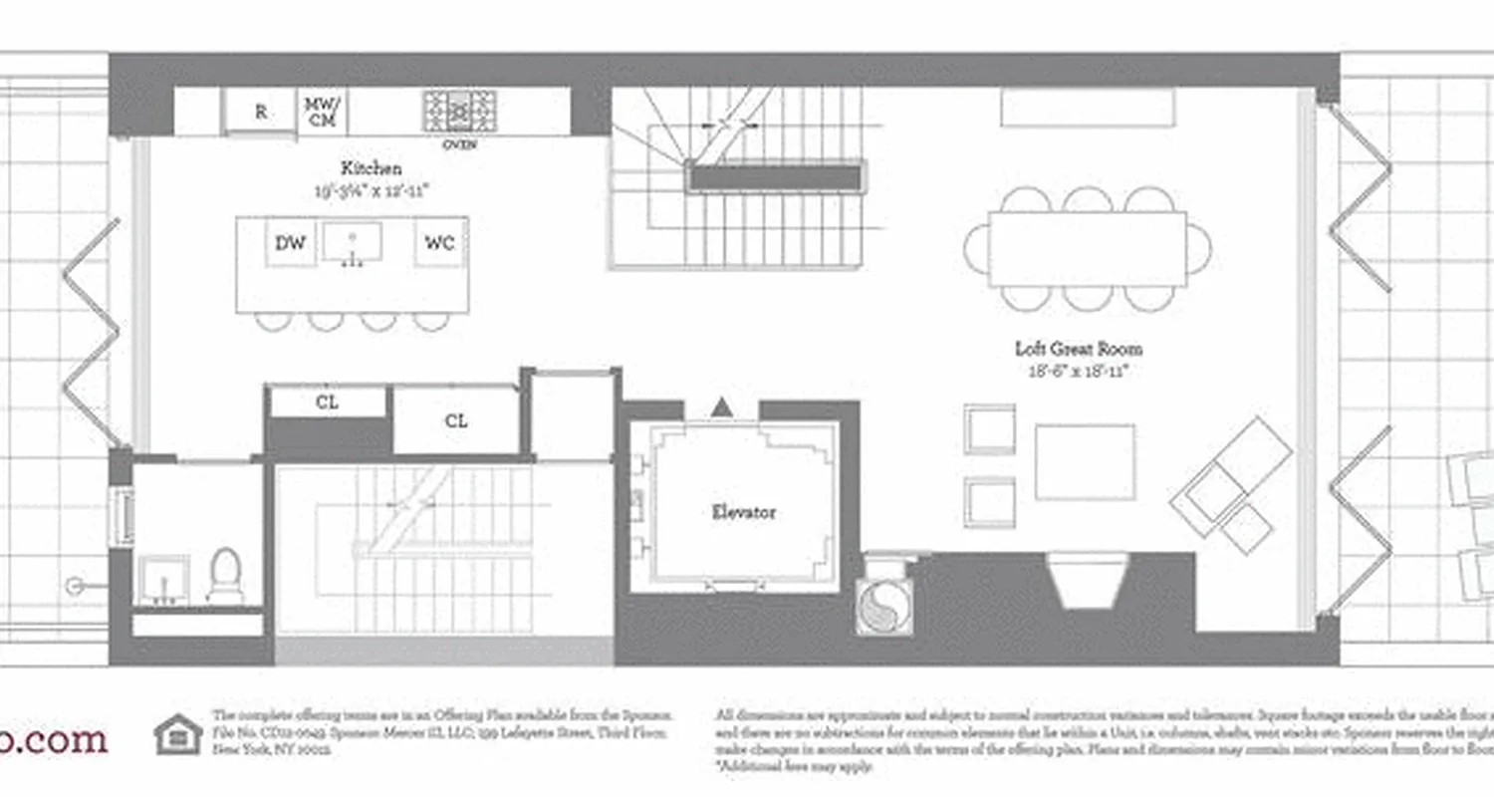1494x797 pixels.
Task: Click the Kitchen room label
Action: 372,168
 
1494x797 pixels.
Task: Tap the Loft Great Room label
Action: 1079,349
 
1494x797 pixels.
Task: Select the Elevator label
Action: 743,512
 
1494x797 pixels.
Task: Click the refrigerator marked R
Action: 261,112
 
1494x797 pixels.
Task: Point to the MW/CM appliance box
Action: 322,112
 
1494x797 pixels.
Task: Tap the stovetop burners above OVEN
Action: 459,111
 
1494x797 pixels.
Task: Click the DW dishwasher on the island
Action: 290,243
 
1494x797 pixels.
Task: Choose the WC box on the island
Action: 439,243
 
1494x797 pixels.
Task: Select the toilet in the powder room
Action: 226,575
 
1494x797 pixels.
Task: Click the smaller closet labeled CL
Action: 328,402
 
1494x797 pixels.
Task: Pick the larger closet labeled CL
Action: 456,420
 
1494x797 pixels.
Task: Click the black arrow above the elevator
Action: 722,406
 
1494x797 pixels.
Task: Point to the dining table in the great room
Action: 1088,248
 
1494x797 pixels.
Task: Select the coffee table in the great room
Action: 1085,461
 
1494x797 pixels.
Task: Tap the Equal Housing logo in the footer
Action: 178,735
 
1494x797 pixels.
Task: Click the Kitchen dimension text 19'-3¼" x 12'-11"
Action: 372,188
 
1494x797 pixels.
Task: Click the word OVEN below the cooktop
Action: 459,144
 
